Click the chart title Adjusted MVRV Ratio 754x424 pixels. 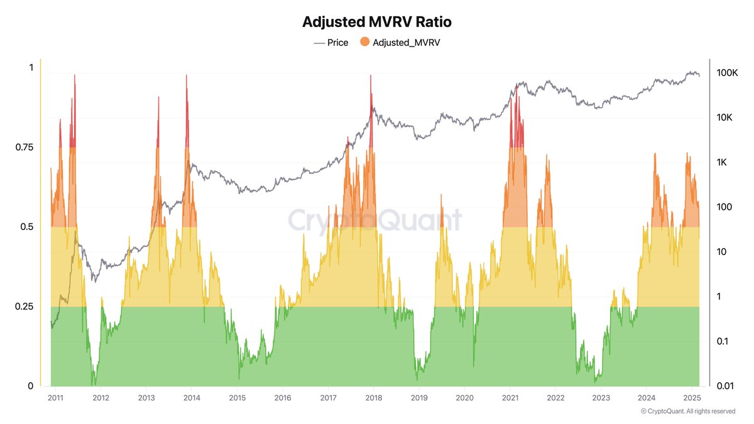tap(376, 22)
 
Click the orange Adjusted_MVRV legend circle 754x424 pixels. tap(364, 43)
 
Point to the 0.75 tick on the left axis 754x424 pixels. tap(24, 147)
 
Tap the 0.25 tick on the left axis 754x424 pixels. tap(24, 306)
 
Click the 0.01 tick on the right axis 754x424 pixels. tap(726, 386)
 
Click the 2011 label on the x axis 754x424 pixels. tap(55, 398)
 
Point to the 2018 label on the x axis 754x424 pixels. tap(373, 398)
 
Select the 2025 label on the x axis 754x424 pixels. tap(692, 398)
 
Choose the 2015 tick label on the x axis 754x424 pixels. tap(237, 398)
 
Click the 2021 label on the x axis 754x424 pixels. tap(510, 398)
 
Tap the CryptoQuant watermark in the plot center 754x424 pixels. tap(374, 220)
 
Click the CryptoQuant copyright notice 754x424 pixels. tap(688, 411)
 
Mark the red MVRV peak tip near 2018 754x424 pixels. tap(371, 76)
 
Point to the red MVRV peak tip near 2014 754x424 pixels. tap(187, 75)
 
